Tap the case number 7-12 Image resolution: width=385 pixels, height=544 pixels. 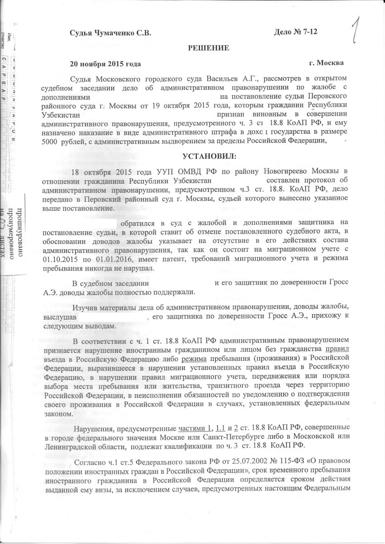314,33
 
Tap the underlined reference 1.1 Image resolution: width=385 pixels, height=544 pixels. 221,428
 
